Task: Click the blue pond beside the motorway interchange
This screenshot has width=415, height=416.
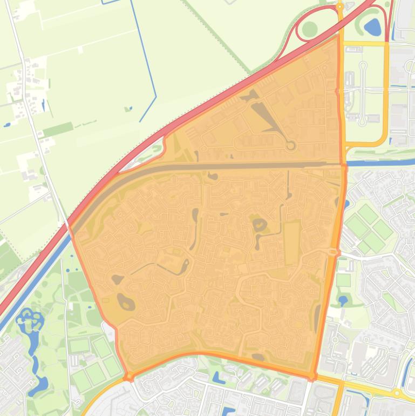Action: (372, 25)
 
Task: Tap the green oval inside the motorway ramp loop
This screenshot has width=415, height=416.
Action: (309, 29)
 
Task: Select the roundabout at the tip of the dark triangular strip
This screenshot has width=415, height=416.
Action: (290, 145)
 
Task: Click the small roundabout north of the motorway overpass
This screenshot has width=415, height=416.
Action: (339, 7)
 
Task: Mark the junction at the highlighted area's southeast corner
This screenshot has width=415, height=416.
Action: (312, 375)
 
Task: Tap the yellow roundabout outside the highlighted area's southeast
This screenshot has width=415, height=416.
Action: (397, 393)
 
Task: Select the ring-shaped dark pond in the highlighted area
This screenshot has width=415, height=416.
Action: (260, 224)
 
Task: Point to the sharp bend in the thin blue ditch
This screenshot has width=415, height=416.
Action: (155, 98)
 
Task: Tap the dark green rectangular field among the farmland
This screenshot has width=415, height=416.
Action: (58, 130)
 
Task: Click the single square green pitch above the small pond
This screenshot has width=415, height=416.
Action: (343, 280)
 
